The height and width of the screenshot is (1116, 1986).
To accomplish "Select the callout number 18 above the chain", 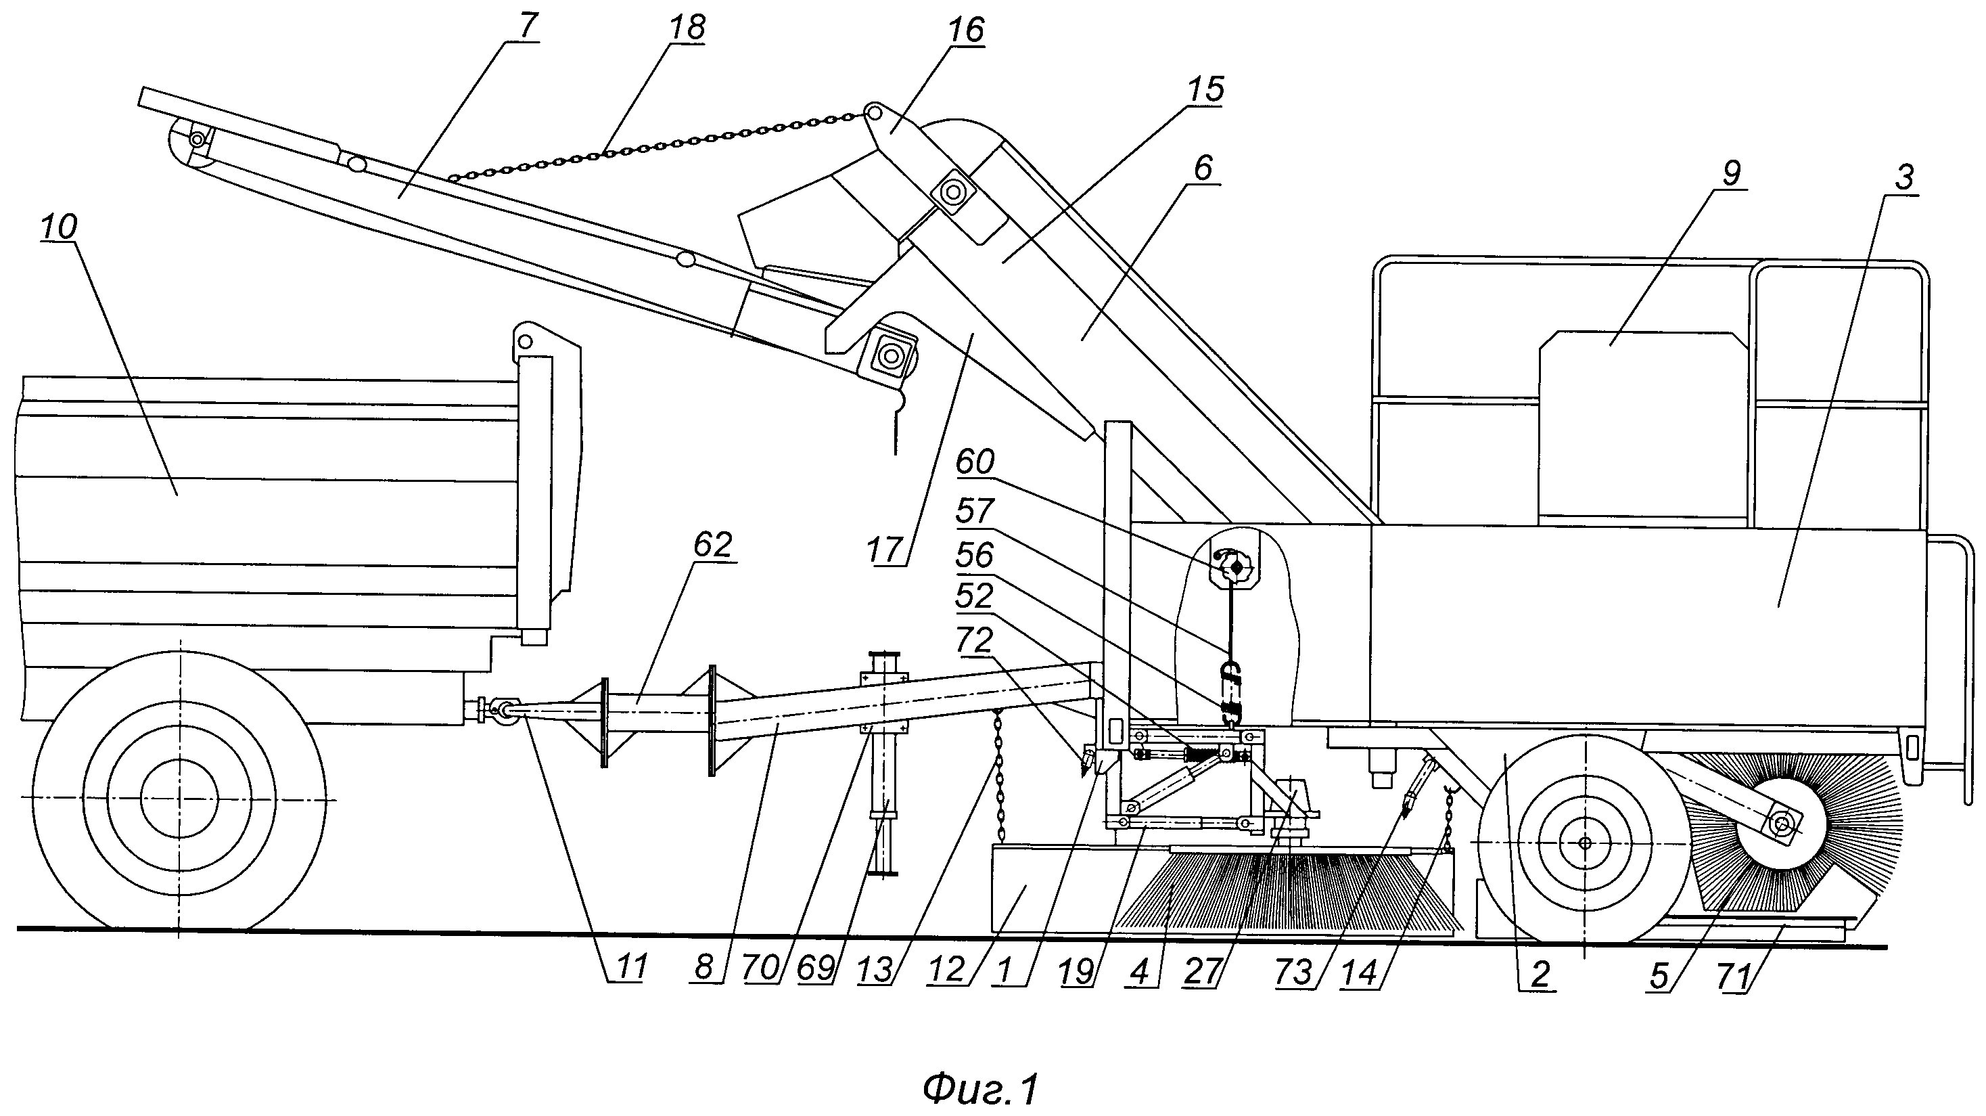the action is click(687, 28).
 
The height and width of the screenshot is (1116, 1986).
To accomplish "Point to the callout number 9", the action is click(1732, 173).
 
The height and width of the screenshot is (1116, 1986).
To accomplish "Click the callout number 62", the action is click(712, 545).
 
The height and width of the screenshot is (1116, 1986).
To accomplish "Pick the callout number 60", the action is click(975, 463).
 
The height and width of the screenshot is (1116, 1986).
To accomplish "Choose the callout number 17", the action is click(883, 550).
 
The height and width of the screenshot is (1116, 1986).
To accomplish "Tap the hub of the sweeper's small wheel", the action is click(1584, 843).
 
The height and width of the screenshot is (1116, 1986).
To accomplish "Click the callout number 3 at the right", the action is click(1904, 177).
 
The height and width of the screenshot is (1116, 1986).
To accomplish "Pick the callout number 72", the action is click(975, 641).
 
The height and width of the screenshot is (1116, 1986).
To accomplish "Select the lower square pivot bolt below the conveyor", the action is click(892, 356).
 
